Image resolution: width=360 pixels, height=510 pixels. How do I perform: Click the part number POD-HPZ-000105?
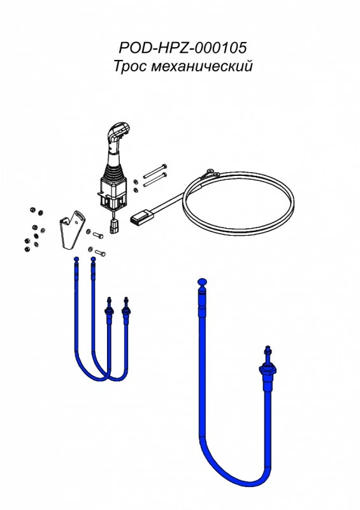tap(182, 47)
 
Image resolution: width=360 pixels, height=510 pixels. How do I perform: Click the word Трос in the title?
tap(130, 66)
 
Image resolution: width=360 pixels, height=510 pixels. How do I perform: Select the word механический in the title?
tap(202, 66)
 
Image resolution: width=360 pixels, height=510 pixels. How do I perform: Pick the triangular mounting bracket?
tap(72, 230)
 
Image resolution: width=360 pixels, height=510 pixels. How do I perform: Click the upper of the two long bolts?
tap(155, 170)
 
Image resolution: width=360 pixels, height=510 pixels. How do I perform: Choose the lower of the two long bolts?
tap(155, 180)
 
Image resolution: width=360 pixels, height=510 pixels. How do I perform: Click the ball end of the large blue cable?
tap(202, 282)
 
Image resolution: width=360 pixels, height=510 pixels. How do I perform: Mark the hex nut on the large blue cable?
tap(268, 370)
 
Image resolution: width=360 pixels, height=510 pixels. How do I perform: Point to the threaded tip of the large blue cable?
tap(268, 350)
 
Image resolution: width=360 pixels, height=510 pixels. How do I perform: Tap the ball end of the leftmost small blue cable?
tap(76, 259)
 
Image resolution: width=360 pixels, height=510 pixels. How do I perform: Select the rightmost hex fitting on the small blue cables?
tap(126, 312)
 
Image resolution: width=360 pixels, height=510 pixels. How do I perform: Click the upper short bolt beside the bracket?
tap(98, 234)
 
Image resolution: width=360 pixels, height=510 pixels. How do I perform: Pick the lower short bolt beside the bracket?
tap(100, 252)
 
